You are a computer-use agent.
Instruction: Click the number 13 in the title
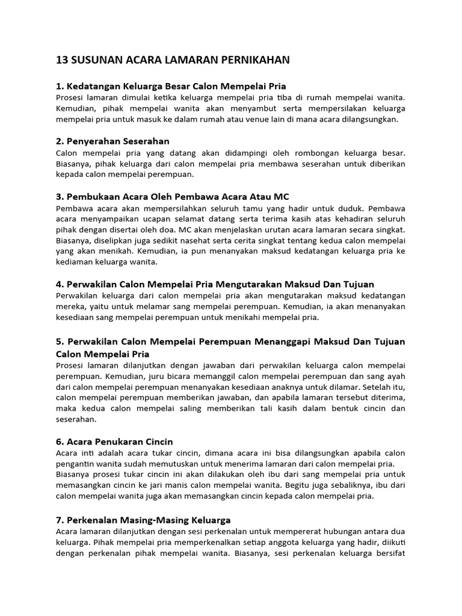point(62,60)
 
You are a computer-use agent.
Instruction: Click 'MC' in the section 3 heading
point(282,197)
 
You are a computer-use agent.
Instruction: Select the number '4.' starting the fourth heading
point(60,283)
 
